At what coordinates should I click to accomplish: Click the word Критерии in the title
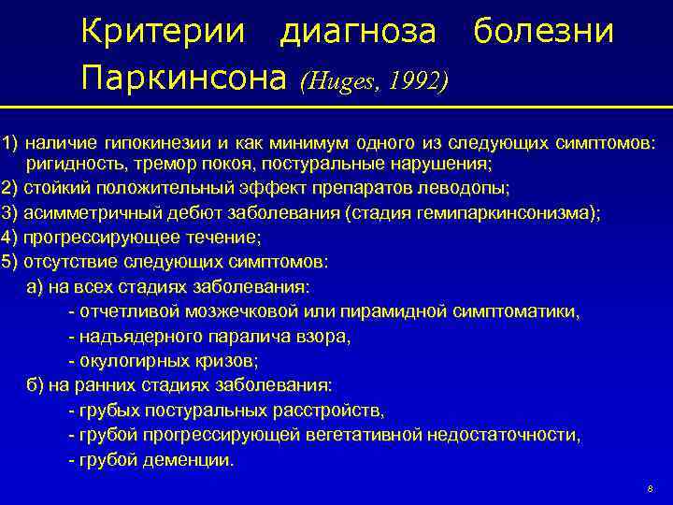point(164,32)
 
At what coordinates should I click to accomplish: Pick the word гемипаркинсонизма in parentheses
point(516,212)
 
